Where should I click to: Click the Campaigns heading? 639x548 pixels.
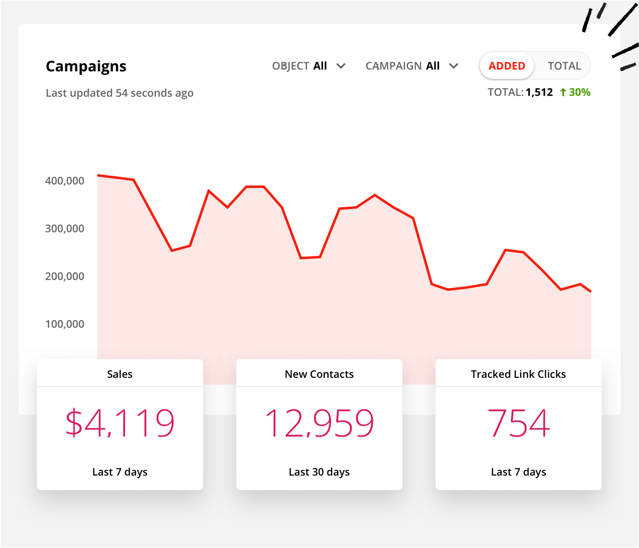[86, 66]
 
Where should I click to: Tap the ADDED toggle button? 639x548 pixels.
[506, 66]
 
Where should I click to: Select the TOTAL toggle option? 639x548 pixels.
[564, 66]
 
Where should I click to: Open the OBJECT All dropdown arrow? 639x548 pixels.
[341, 66]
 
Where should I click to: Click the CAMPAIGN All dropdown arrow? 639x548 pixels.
[454, 66]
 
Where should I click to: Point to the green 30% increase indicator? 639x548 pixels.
[575, 92]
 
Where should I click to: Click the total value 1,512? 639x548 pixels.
[539, 92]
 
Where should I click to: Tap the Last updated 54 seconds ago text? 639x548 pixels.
[119, 93]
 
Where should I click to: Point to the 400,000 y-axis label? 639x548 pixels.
[65, 181]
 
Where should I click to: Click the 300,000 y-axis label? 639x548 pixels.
[65, 228]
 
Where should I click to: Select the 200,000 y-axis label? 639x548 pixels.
[65, 277]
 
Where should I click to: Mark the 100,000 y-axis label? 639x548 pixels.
[65, 324]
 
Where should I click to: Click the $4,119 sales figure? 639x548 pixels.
[120, 423]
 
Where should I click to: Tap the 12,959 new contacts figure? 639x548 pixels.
[319, 423]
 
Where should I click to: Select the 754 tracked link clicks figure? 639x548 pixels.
[518, 423]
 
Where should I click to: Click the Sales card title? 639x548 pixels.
[120, 374]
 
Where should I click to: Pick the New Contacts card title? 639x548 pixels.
[319, 374]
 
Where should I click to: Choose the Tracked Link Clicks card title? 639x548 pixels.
[518, 374]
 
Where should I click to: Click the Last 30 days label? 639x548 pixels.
[319, 472]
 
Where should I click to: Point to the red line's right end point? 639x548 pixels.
[590, 291]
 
